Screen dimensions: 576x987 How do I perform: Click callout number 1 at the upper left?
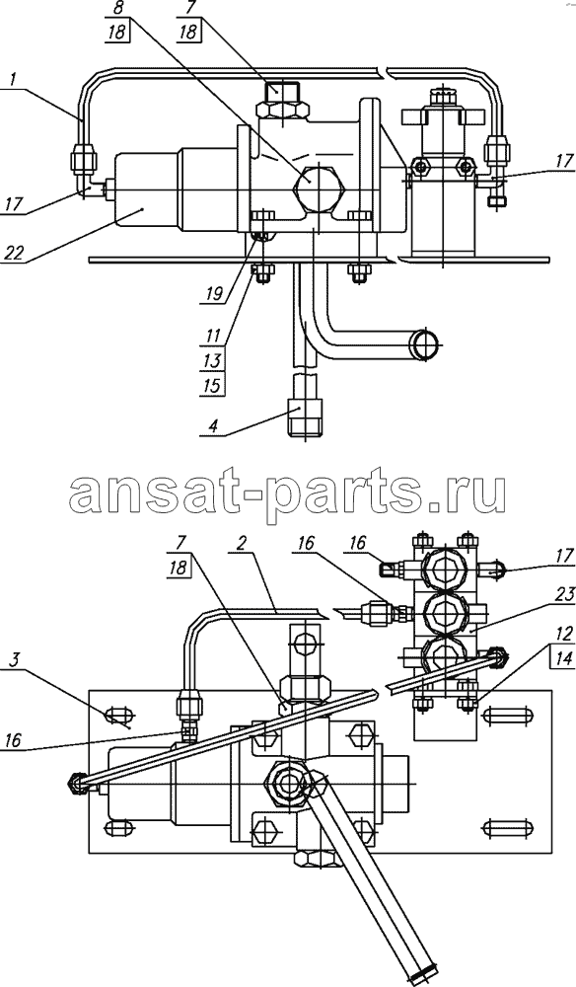tap(13, 81)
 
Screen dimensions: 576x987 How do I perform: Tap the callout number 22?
tap(16, 253)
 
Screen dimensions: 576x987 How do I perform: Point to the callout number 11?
tap(212, 336)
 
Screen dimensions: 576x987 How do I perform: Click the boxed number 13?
tap(213, 360)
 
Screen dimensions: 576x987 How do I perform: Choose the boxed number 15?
tap(213, 385)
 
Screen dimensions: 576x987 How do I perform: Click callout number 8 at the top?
tap(117, 10)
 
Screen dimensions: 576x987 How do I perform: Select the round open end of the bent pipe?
tap(426, 344)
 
